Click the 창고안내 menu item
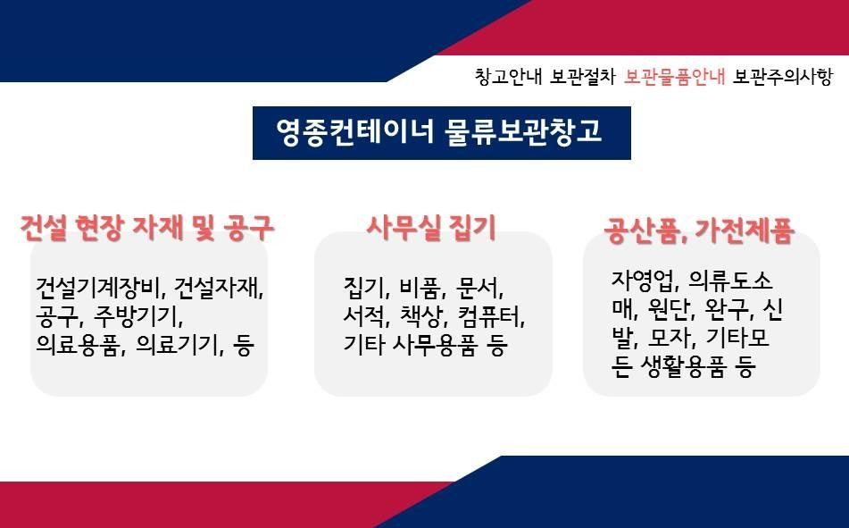click(x=508, y=77)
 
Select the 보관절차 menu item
click(x=583, y=77)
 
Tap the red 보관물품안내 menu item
click(x=674, y=77)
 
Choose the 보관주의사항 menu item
click(x=782, y=77)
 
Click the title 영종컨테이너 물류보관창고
click(x=439, y=131)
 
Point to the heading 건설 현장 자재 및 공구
click(x=146, y=228)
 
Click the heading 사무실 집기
click(x=431, y=228)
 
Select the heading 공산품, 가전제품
click(x=700, y=230)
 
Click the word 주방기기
click(x=138, y=316)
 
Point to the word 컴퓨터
click(x=490, y=316)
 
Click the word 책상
click(x=421, y=316)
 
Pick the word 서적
click(x=366, y=316)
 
